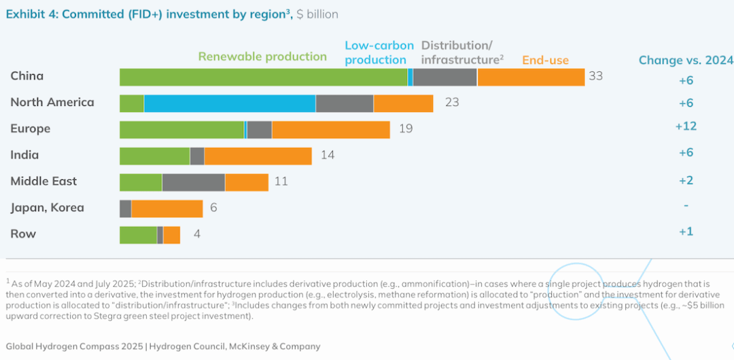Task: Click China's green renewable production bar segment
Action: (264, 77)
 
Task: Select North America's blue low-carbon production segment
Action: (230, 103)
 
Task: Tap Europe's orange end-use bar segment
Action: (331, 130)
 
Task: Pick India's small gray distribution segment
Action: (197, 156)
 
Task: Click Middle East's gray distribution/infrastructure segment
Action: (194, 183)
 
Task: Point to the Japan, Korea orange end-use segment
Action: (167, 209)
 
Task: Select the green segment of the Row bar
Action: (138, 235)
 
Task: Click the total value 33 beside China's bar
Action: (595, 76)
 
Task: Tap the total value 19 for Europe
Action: (406, 128)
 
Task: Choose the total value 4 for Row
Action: (196, 234)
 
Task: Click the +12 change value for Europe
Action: (686, 126)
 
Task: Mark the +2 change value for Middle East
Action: (686, 180)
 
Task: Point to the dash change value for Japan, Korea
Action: (686, 206)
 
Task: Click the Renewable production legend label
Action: (262, 56)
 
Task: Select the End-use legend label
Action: (545, 60)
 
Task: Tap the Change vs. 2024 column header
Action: (686, 60)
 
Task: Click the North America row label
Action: (52, 103)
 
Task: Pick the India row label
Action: (24, 155)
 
